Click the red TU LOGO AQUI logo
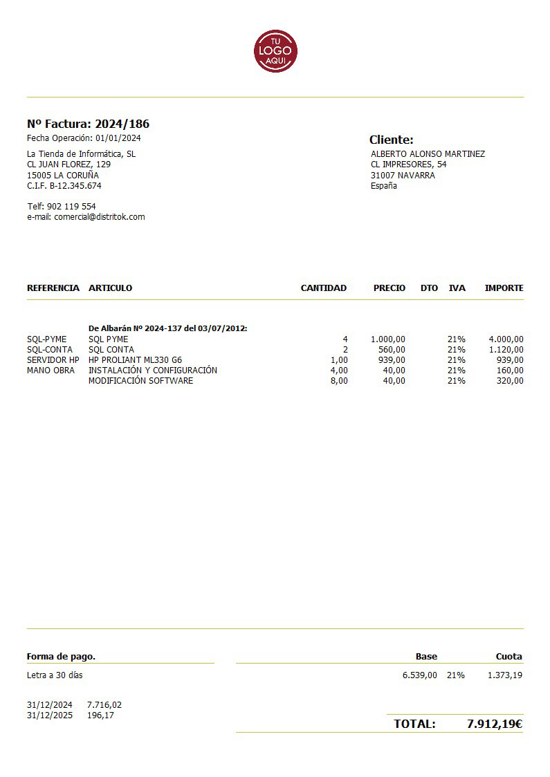pyautogui.click(x=275, y=50)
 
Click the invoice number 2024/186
pyautogui.click(x=122, y=124)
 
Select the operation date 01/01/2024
pyautogui.click(x=118, y=138)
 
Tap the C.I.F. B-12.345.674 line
pyautogui.click(x=64, y=186)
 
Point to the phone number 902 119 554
pyautogui.click(x=71, y=207)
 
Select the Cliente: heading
pyautogui.click(x=391, y=140)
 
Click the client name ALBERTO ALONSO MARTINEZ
pyautogui.click(x=428, y=154)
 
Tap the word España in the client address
pyautogui.click(x=384, y=186)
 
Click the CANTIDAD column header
pyautogui.click(x=323, y=288)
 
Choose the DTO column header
pyautogui.click(x=429, y=288)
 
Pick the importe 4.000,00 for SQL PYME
pyautogui.click(x=506, y=339)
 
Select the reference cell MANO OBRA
pyautogui.click(x=51, y=371)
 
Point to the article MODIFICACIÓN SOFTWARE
pyautogui.click(x=140, y=381)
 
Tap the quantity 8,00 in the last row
pyautogui.click(x=339, y=381)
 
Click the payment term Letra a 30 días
pyautogui.click(x=55, y=675)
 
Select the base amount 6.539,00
pyautogui.click(x=419, y=675)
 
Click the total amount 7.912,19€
pyautogui.click(x=494, y=724)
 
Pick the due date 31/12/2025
pyautogui.click(x=50, y=715)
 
